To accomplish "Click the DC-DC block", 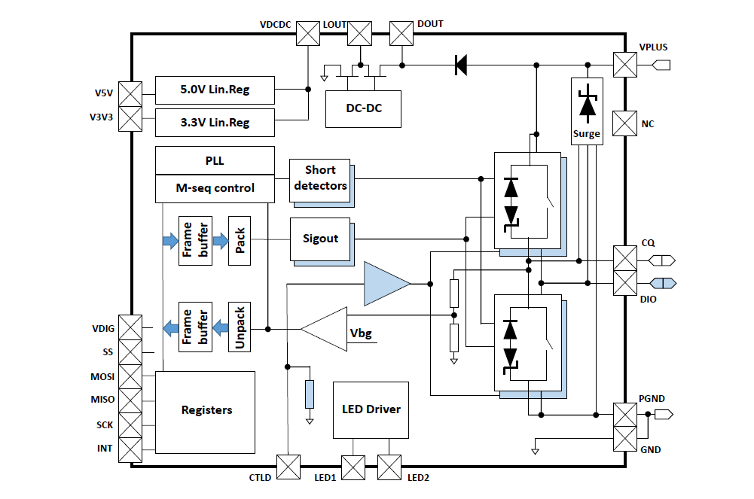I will coord(363,108).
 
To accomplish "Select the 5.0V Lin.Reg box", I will coord(215,90).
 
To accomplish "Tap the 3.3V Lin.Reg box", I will coord(215,122).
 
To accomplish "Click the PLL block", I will coord(215,160).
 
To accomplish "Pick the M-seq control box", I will coord(215,188).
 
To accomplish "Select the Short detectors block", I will coord(320,178).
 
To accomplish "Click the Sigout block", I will coord(320,239).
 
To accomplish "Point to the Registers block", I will coord(206,411).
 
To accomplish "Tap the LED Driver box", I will coord(371,409).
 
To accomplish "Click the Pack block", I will coord(239,240).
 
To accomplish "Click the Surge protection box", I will coord(587,110).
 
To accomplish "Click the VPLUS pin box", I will coord(624,65).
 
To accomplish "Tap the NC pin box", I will coord(624,123).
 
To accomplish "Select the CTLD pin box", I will coord(288,467).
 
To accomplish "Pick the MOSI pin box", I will coord(131,376).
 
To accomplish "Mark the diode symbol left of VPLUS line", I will coord(460,65).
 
